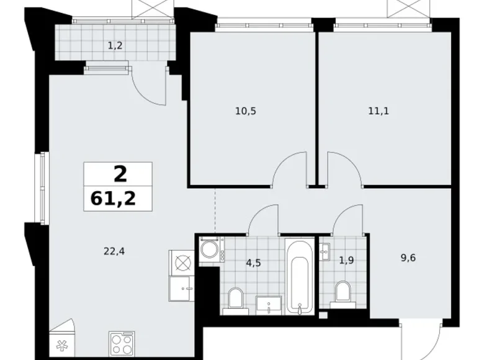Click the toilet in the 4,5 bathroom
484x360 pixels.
[x=235, y=298]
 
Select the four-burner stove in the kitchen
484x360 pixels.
[x=122, y=344]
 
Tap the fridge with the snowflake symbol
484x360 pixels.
[x=61, y=345]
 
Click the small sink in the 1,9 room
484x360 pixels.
[x=323, y=251]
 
